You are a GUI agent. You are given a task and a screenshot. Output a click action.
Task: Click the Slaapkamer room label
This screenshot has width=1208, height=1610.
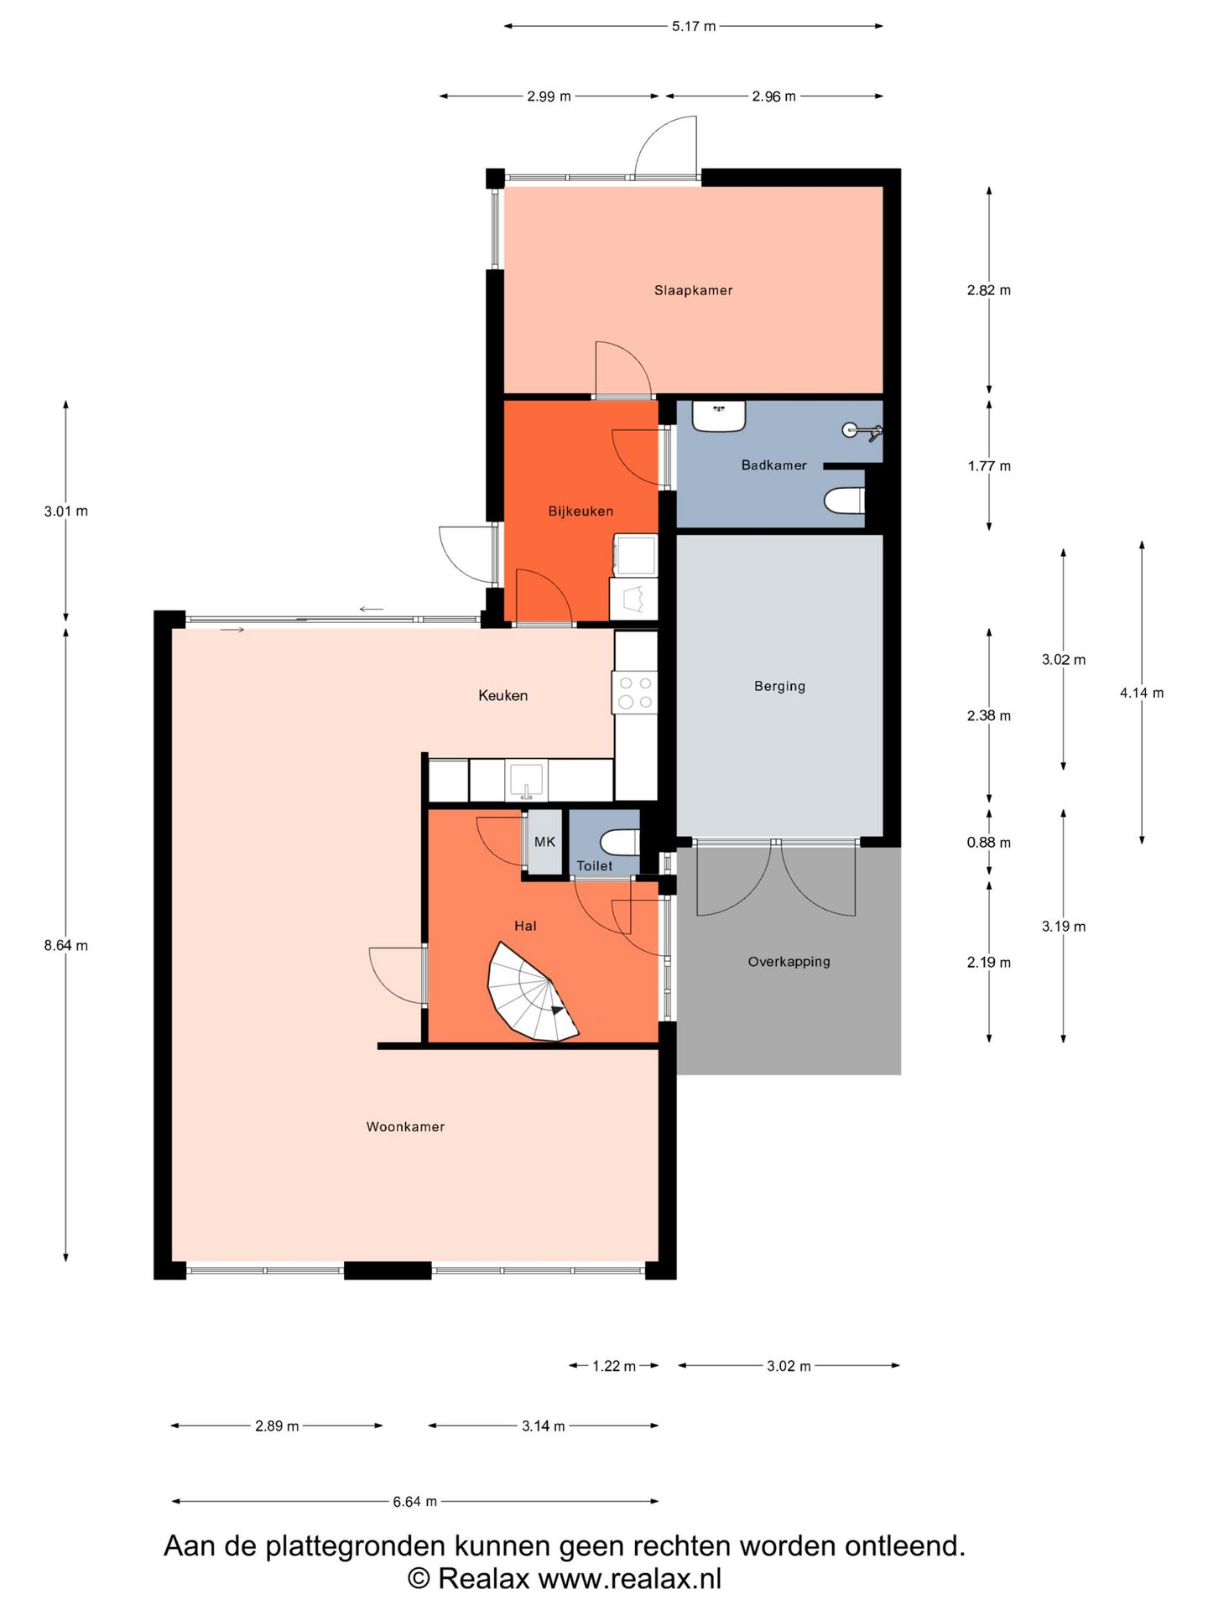(693, 290)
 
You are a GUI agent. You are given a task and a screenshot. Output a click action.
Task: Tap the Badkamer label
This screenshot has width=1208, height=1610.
(773, 465)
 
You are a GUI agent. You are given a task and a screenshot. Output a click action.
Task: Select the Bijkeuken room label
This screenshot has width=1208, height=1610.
(581, 511)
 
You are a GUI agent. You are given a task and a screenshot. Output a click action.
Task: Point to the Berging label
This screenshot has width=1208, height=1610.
(779, 686)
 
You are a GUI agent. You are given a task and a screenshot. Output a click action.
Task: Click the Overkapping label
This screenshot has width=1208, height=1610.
(789, 962)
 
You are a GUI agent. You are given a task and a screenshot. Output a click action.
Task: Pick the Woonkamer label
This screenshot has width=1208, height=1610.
(405, 1127)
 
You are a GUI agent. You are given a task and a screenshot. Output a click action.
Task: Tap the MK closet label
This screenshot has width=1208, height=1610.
(544, 842)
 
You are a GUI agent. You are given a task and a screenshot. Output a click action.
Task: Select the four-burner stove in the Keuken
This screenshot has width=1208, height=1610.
(635, 693)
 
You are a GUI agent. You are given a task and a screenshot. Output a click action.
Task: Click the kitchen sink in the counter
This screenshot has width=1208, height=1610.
(526, 780)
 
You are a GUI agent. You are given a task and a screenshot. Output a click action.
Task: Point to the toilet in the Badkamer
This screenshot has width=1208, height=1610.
(844, 501)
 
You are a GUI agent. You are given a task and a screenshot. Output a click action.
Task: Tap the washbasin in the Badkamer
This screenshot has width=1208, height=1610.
(719, 416)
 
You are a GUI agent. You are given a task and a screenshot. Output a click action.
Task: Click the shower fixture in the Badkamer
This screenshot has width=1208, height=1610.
(862, 431)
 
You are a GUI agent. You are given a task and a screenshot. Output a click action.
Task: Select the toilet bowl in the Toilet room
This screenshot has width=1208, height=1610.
(620, 841)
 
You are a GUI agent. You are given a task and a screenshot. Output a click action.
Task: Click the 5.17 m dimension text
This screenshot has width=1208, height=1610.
(694, 26)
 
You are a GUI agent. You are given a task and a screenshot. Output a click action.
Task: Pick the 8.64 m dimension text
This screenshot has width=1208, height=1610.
(66, 946)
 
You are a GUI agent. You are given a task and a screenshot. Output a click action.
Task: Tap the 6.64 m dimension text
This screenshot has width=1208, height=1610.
(415, 1502)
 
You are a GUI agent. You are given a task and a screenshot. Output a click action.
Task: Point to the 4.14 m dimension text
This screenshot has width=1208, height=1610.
(1142, 693)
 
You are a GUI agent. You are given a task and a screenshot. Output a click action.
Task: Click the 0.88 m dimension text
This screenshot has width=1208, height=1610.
(989, 843)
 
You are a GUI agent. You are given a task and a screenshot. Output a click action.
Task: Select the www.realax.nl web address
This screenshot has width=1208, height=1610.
(629, 1579)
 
